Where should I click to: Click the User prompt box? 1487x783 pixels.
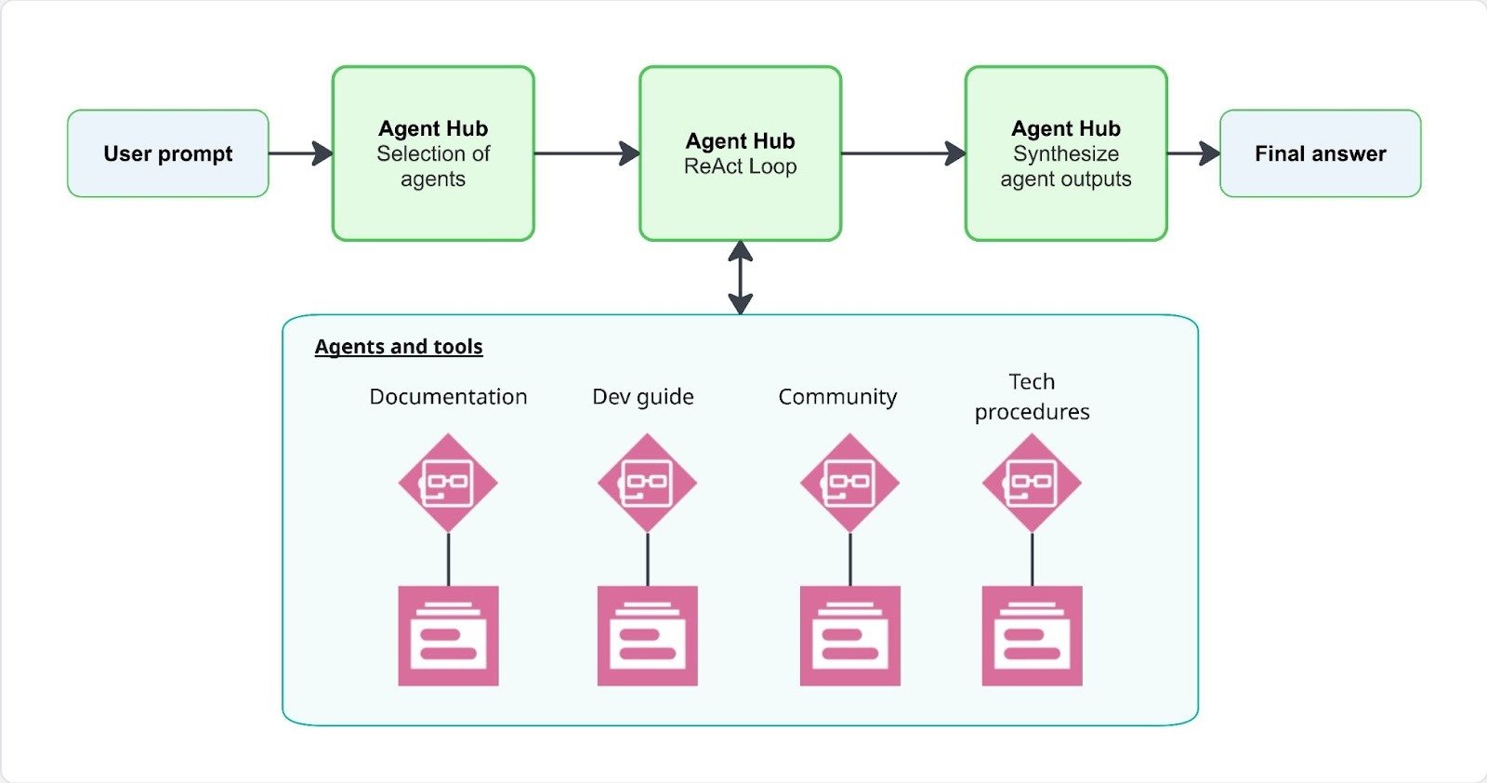[168, 153]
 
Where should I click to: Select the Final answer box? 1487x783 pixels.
[1320, 153]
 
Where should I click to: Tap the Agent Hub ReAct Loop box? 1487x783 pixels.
[740, 153]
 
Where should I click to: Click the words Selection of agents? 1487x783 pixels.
[433, 166]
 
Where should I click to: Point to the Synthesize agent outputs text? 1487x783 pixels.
[1066, 166]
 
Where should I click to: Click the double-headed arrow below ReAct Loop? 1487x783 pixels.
[741, 277]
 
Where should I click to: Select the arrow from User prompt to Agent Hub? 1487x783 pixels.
[300, 153]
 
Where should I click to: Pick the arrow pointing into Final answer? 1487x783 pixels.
[1193, 153]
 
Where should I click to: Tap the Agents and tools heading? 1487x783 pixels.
[399, 347]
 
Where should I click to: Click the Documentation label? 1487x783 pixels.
[448, 397]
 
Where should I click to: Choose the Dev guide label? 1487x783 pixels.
[643, 397]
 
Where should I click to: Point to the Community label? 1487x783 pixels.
[837, 397]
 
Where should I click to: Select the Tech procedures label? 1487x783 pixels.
[1032, 397]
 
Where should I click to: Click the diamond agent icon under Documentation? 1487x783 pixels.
[448, 483]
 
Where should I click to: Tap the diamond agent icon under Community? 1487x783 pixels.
[849, 483]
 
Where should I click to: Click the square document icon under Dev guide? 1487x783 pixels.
[647, 636]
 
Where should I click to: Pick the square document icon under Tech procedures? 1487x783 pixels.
[1032, 636]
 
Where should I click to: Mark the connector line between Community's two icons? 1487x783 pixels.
[849, 559]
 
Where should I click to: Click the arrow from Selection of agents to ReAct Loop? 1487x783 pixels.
[586, 153]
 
